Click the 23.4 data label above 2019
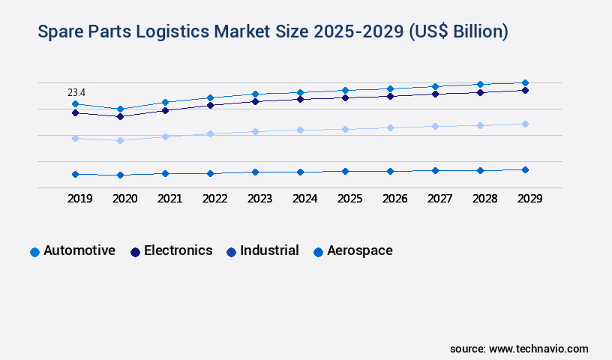(x=76, y=92)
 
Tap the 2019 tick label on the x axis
(x=79, y=199)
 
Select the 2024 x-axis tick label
(x=304, y=199)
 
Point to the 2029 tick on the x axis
(x=529, y=199)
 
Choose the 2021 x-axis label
(x=169, y=199)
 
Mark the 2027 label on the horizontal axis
(x=439, y=199)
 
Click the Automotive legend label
(x=79, y=250)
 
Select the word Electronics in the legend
(x=178, y=250)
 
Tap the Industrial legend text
(x=269, y=250)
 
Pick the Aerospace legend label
(x=359, y=250)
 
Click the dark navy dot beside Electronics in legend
(x=136, y=252)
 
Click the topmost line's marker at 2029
(x=525, y=82)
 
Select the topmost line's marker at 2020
(x=120, y=109)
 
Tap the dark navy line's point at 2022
(x=210, y=105)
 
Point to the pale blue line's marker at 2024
(x=300, y=130)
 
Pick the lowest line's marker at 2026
(x=390, y=171)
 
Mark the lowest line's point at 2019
(x=75, y=174)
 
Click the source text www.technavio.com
(x=538, y=349)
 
